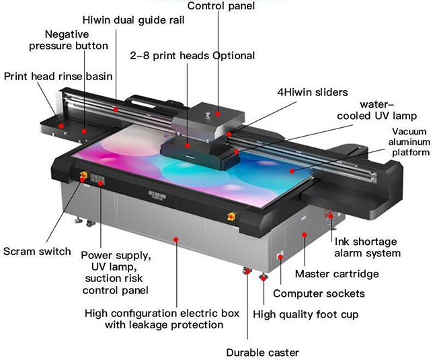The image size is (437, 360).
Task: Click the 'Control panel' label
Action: click(221, 6)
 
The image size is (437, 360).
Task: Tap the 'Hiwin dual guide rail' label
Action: click(134, 20)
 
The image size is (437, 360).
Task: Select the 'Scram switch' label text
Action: click(37, 251)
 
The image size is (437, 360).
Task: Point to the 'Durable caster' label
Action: click(262, 353)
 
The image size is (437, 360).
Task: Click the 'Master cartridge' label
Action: click(337, 274)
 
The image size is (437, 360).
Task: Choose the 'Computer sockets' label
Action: click(319, 293)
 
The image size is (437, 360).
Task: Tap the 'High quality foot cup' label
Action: click(305, 314)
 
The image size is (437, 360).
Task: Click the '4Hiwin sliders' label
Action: click(313, 92)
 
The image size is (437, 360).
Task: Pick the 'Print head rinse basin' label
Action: click(58, 76)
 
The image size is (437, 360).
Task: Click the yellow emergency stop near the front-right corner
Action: click(231, 216)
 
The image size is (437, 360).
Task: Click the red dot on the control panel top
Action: click(218, 114)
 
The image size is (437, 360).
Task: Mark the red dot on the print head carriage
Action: click(188, 145)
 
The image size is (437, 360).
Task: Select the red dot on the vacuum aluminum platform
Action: click(292, 171)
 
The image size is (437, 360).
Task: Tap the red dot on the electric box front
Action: click(176, 240)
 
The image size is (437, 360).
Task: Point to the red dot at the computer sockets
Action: click(280, 256)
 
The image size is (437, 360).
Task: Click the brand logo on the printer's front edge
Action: click(157, 194)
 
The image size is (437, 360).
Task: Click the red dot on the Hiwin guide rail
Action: click(116, 110)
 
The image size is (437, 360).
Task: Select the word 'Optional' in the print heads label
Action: click(234, 56)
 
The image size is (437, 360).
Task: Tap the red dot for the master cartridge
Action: click(305, 235)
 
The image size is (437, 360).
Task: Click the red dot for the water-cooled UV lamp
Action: click(237, 151)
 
